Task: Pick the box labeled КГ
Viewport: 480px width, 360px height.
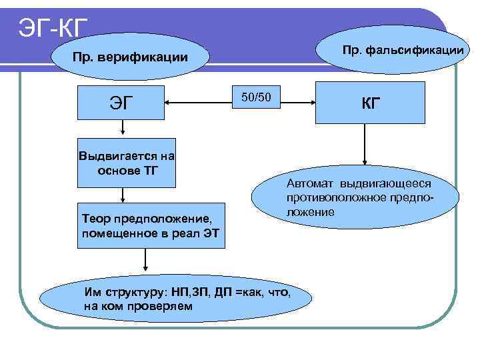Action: click(369, 103)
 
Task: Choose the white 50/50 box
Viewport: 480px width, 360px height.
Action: click(257, 99)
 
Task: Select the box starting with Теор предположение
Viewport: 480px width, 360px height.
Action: click(151, 225)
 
